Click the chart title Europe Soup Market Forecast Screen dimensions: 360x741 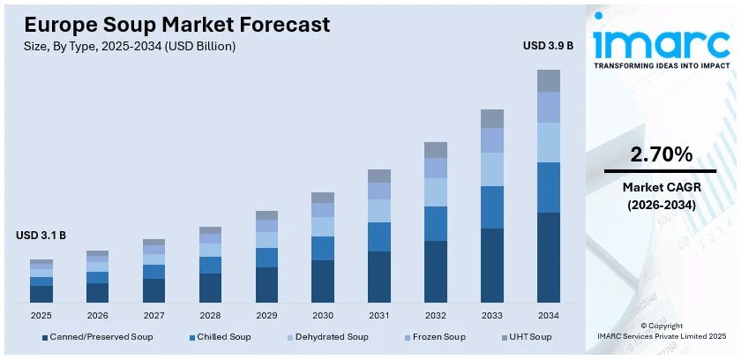click(x=177, y=24)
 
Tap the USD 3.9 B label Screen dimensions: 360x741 click(x=548, y=45)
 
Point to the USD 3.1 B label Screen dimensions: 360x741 click(x=41, y=236)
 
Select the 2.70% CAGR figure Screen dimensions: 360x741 click(x=661, y=154)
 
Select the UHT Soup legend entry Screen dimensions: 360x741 click(x=528, y=337)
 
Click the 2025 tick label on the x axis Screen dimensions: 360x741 click(x=41, y=315)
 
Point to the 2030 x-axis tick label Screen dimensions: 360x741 click(x=323, y=315)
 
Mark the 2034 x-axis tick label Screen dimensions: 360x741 click(x=548, y=315)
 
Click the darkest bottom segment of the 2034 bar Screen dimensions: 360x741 click(x=548, y=258)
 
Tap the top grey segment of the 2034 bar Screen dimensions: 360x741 click(x=548, y=80)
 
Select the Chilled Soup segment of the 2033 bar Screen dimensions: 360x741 click(x=491, y=207)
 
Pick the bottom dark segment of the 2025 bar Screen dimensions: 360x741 click(x=41, y=294)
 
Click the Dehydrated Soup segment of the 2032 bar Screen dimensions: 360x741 click(x=436, y=192)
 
